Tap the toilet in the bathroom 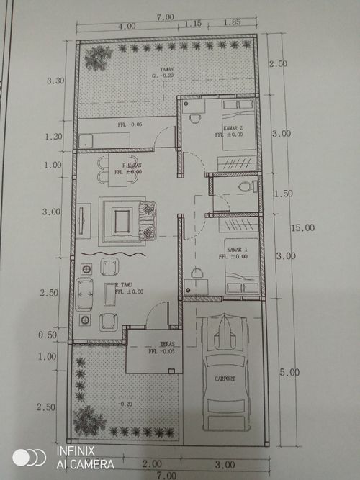246,187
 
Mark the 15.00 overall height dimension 302,227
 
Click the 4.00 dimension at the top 127,26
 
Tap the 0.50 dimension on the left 47,335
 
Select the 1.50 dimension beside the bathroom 284,194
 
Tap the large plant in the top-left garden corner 97,58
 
